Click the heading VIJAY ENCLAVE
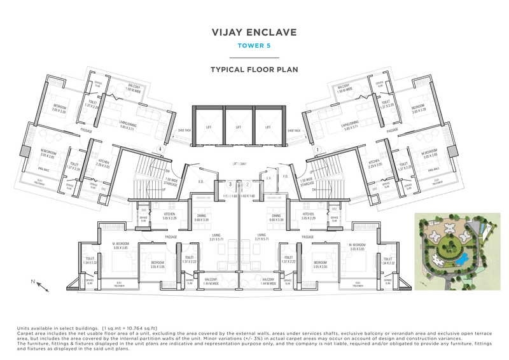[x=254, y=32]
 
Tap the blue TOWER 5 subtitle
[x=254, y=46]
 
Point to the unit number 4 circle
[x=160, y=149]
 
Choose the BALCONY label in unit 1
[x=344, y=87]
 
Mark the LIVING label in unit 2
[x=261, y=237]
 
